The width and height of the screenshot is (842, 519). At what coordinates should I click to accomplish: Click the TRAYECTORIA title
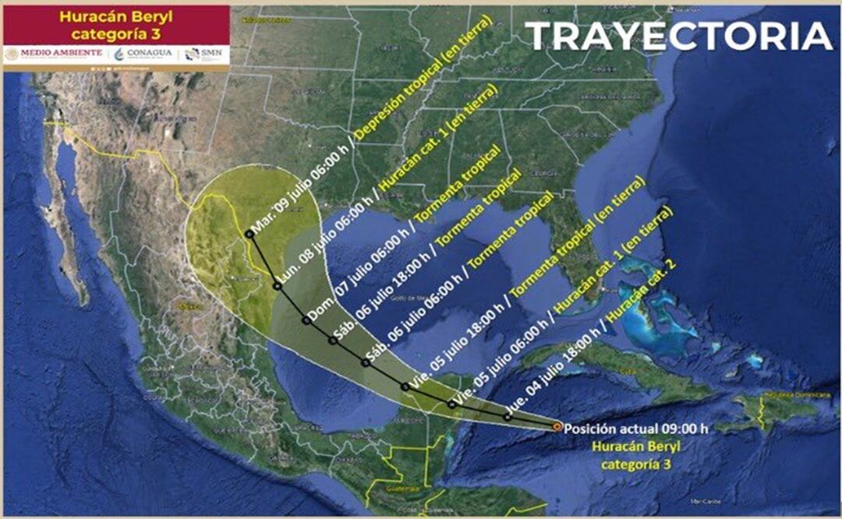pyautogui.click(x=678, y=36)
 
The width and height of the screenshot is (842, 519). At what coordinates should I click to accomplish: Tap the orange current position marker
pyautogui.click(x=556, y=426)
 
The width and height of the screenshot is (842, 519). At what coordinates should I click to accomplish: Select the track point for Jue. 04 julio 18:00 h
pyautogui.click(x=508, y=417)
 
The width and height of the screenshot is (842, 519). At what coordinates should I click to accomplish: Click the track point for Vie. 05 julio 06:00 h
pyautogui.click(x=452, y=404)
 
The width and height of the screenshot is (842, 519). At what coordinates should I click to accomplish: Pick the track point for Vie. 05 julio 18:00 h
pyautogui.click(x=405, y=387)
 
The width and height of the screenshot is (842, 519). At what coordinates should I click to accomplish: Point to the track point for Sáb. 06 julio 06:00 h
pyautogui.click(x=365, y=362)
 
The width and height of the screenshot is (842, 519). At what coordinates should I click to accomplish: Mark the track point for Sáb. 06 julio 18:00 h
pyautogui.click(x=333, y=341)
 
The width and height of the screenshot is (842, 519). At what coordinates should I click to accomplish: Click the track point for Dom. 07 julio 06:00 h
pyautogui.click(x=306, y=320)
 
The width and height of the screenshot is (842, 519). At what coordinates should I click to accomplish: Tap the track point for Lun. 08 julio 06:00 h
pyautogui.click(x=277, y=286)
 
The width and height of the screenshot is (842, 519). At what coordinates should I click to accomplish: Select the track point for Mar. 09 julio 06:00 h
pyautogui.click(x=248, y=233)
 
